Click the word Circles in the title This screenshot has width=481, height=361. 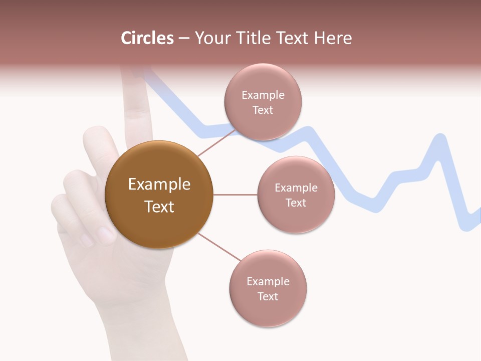147,38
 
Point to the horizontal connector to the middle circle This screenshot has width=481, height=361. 235,195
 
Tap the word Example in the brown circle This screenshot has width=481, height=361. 159,185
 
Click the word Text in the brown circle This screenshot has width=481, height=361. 159,207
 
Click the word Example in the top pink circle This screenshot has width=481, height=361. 263,95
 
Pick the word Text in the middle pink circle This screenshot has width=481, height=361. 296,203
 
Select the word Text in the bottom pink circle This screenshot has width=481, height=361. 268,296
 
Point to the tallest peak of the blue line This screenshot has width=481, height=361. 440,137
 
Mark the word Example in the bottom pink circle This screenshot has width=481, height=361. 268,282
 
